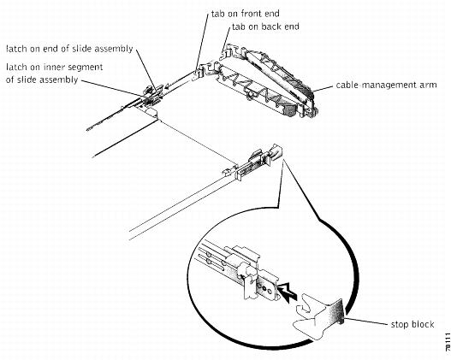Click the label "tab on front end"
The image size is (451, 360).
[x=245, y=14]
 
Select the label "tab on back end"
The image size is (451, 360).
[x=265, y=27]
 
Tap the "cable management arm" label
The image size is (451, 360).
[x=386, y=85]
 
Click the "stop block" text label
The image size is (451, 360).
[x=412, y=324]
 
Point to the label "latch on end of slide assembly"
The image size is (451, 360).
[x=69, y=49]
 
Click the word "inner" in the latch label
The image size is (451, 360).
[x=53, y=67]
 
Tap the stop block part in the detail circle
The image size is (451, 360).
[x=319, y=317]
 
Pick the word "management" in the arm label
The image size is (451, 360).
[x=388, y=86]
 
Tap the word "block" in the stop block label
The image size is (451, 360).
[x=423, y=324]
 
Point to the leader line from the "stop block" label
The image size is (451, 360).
[x=366, y=321]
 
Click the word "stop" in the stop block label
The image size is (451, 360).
[x=400, y=325]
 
